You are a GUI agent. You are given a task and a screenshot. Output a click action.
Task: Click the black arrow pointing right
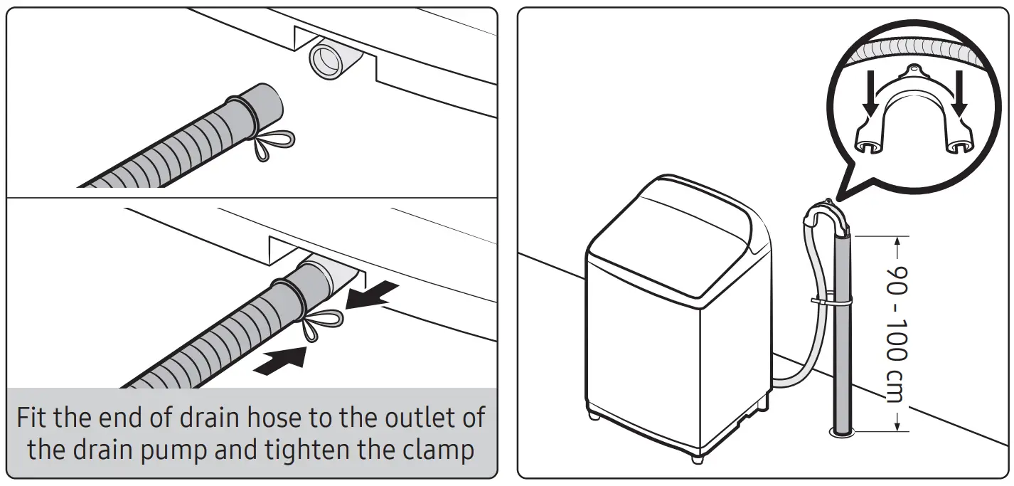[x=281, y=359]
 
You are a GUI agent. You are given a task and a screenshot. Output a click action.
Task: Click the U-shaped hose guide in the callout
[x=914, y=107]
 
